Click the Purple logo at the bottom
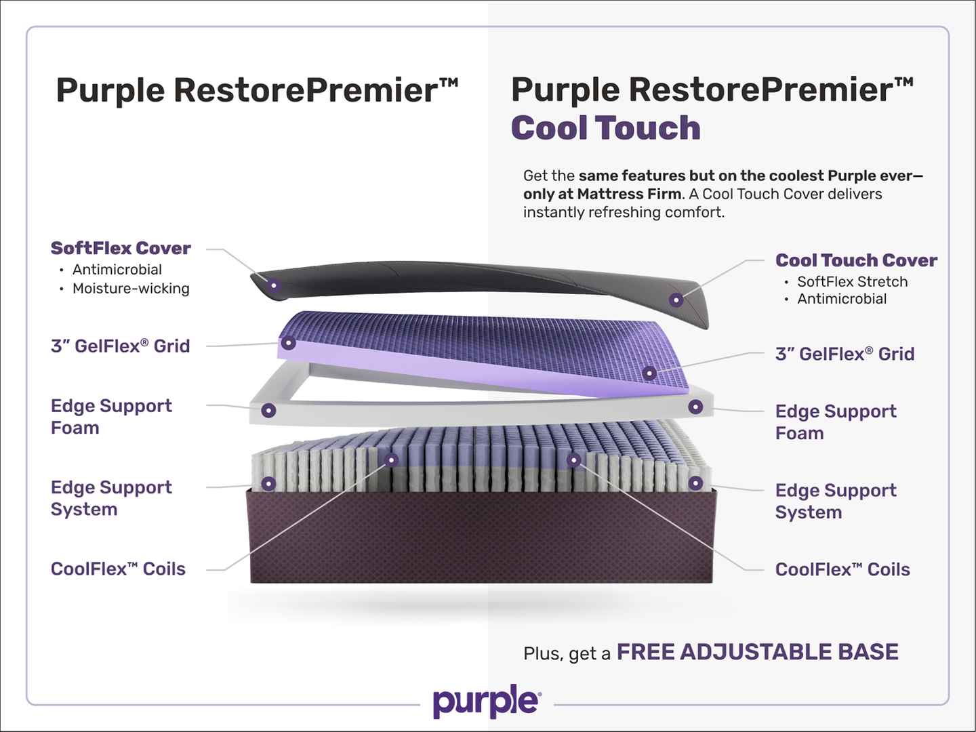pyautogui.click(x=487, y=701)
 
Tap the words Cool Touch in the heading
pyautogui.click(x=606, y=127)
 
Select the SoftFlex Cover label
pyautogui.click(x=121, y=248)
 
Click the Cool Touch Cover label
pyautogui.click(x=856, y=260)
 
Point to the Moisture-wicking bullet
pyautogui.click(x=131, y=289)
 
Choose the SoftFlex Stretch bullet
pyautogui.click(x=852, y=281)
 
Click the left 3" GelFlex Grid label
pyautogui.click(x=120, y=346)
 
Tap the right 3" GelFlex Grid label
pyautogui.click(x=845, y=354)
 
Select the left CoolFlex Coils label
pyautogui.click(x=118, y=569)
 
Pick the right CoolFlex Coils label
pyautogui.click(x=842, y=569)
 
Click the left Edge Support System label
pyautogui.click(x=111, y=498)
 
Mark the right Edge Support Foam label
pyautogui.click(x=836, y=422)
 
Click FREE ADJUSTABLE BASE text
pyautogui.click(x=758, y=652)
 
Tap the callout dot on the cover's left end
pyautogui.click(x=274, y=285)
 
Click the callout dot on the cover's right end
pyautogui.click(x=676, y=300)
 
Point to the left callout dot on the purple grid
pyautogui.click(x=289, y=343)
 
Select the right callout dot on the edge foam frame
pyautogui.click(x=695, y=407)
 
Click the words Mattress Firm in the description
pyautogui.click(x=629, y=194)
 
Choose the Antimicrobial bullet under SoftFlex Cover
pyautogui.click(x=117, y=269)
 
